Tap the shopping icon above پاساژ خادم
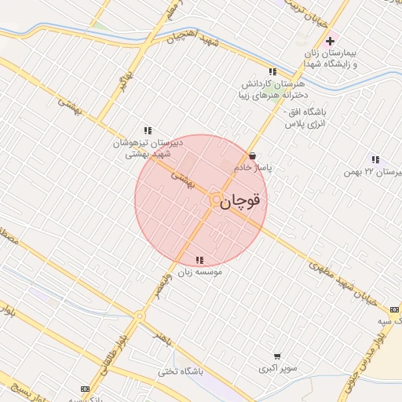pyautogui.click(x=251, y=155)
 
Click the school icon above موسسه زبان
pyautogui.click(x=199, y=260)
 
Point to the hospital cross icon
pyautogui.click(x=330, y=41)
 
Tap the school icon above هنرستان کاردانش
pyautogui.click(x=272, y=71)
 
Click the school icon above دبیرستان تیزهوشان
pyautogui.click(x=147, y=130)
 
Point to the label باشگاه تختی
pyautogui.click(x=179, y=372)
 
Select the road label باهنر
pyautogui.click(x=160, y=335)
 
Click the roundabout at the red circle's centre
pyautogui.click(x=216, y=201)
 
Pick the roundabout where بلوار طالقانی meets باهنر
pyautogui.click(x=139, y=317)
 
